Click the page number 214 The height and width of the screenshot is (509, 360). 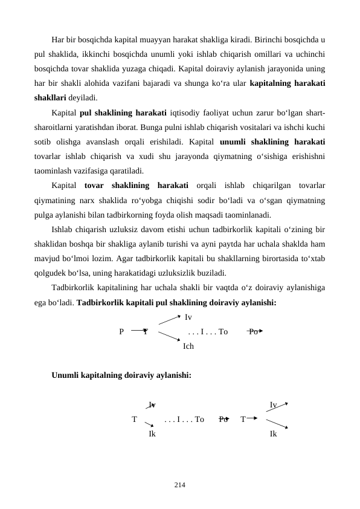pos(179,484)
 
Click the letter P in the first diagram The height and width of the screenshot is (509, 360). pos(122,332)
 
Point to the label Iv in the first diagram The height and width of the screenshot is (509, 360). pos(188,317)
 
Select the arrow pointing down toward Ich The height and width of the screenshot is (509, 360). pos(169,339)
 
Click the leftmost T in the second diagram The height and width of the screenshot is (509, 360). pos(134,419)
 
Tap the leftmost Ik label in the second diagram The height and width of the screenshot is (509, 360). pos(152,434)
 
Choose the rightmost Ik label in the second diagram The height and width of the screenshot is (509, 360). pos(274,434)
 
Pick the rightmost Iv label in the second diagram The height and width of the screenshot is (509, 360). pos(274,404)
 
